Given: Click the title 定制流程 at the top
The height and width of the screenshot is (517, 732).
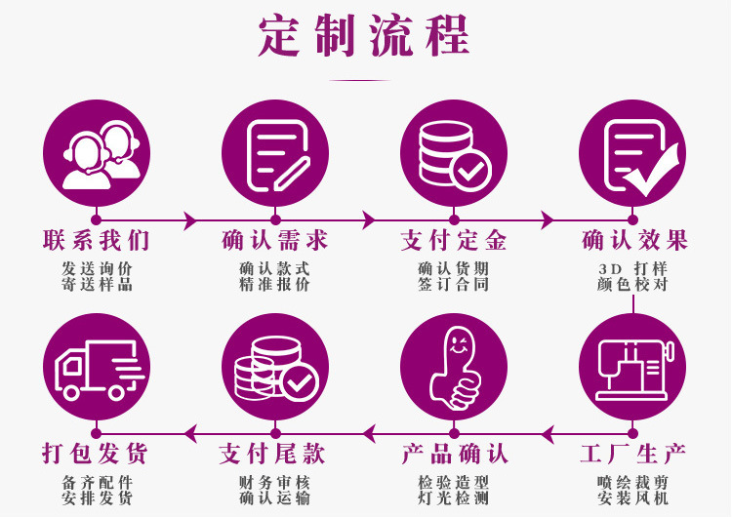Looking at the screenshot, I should coord(364,36).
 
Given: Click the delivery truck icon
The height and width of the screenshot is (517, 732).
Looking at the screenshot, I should coord(96,368).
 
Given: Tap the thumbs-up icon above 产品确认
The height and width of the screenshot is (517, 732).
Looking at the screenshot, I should coord(454,368).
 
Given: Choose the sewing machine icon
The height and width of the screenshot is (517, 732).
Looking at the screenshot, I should coord(632,368).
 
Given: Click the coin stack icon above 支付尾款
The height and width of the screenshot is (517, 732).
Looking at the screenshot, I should coord(274,368).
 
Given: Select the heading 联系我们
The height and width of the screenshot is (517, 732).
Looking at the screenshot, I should coord(96,241).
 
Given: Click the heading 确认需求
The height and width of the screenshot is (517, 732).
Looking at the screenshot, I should coord(274,241).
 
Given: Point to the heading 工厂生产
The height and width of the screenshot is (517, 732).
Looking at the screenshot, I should coord(632,454).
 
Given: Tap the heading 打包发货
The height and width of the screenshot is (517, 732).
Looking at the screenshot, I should coord(96,454).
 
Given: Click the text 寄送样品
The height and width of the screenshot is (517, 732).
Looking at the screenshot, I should coord(96,285).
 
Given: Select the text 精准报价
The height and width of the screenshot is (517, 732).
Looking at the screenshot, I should coord(274,285).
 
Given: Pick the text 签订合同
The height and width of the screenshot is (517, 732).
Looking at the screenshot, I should coord(454,285).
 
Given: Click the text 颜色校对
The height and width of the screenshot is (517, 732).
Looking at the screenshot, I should coord(632,285).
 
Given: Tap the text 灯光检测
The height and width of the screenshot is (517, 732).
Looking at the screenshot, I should coord(454,498).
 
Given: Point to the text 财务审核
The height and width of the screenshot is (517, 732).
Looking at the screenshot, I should coord(274,482).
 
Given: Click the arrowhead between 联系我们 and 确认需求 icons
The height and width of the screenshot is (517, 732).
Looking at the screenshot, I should coord(189,221).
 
